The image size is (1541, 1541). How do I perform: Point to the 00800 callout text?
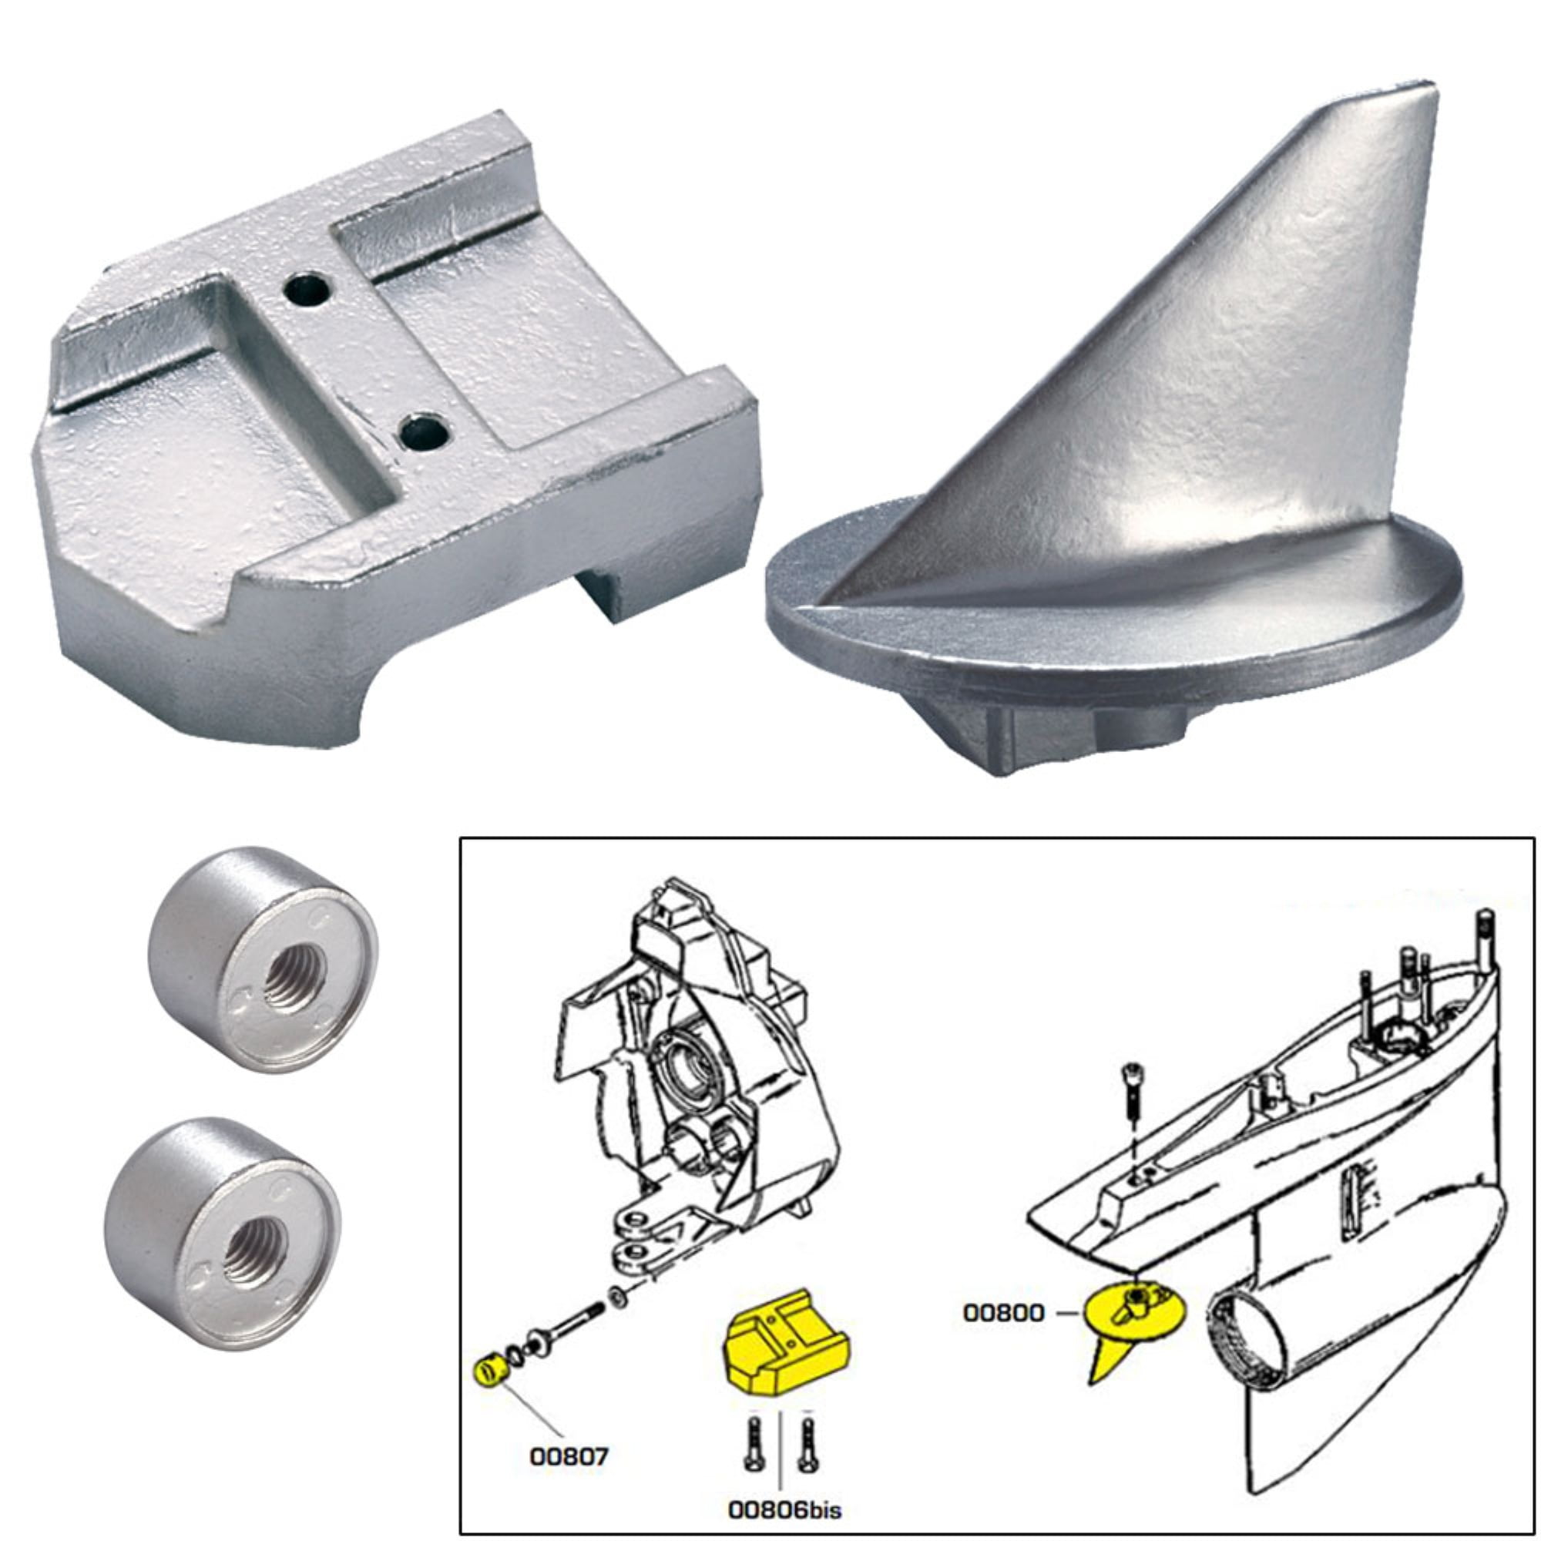(1003, 1313)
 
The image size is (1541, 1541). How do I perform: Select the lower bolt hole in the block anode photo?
(424, 431)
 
